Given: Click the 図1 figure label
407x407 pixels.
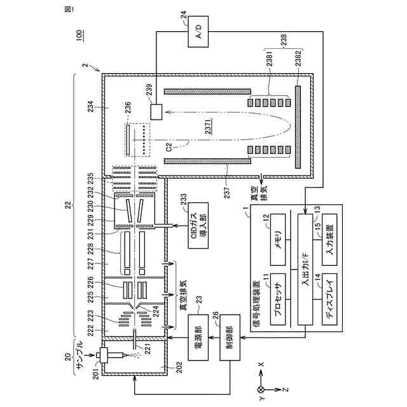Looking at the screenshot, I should coord(69,9).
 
